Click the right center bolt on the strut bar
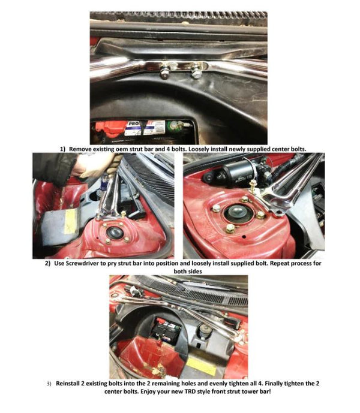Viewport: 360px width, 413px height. click(x=196, y=75)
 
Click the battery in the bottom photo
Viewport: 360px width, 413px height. click(x=165, y=330)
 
